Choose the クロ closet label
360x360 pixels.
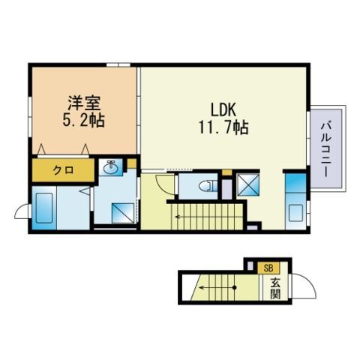63,170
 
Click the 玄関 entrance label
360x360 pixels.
275,287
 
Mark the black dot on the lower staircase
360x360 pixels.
234,286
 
